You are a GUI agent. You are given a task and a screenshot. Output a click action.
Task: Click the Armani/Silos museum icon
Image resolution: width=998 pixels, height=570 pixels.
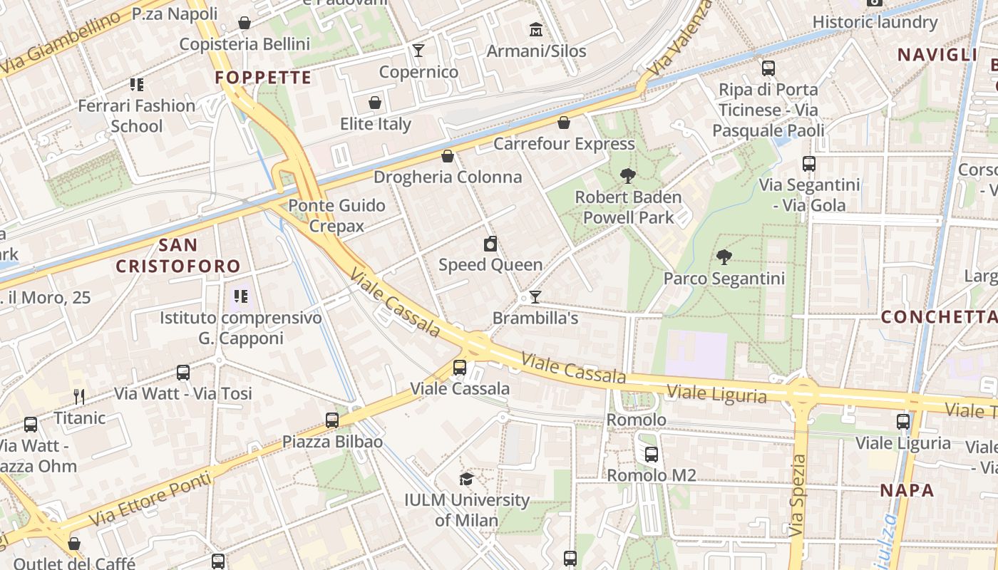535,30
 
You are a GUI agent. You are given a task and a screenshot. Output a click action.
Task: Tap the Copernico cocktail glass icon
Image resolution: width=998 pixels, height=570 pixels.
418,51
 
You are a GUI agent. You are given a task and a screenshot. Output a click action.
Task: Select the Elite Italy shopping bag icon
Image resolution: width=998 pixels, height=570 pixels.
375,103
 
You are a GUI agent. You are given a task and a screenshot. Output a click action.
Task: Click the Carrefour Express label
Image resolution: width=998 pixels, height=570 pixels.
564,144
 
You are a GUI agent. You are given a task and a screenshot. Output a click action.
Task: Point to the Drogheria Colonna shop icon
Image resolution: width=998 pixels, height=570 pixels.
448,156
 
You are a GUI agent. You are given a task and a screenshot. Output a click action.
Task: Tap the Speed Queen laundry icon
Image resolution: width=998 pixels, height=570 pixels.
490,244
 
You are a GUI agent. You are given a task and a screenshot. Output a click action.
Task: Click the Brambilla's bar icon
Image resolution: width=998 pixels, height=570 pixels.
535,297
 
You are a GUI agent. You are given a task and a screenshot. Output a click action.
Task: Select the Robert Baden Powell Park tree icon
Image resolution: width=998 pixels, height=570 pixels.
628,176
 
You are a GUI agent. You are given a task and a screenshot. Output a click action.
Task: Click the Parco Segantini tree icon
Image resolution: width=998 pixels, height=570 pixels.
724,257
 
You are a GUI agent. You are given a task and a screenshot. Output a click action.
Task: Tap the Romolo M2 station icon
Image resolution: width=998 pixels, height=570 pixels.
652,455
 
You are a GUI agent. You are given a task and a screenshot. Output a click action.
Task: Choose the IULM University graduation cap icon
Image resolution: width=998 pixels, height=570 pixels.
467,479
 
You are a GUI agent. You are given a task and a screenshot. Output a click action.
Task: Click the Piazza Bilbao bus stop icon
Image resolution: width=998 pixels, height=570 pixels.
332,420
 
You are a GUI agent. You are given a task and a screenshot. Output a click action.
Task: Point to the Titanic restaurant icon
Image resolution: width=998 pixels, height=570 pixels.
79,397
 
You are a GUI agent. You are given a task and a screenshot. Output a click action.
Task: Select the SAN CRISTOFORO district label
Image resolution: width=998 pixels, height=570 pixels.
178,256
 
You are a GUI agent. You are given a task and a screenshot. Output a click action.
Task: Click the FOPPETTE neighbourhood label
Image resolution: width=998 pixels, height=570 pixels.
263,78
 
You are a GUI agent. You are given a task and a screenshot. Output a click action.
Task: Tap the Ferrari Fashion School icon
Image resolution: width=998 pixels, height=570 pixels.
137,85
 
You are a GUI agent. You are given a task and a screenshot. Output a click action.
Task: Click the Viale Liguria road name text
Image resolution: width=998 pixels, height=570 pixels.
716,394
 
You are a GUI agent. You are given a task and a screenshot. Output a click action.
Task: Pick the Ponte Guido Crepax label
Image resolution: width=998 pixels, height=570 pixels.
336,216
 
